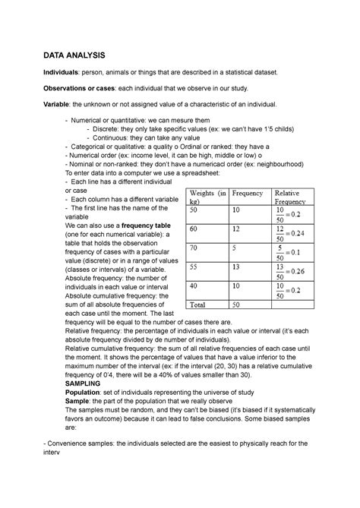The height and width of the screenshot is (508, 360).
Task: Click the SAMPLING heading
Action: pos(67,384)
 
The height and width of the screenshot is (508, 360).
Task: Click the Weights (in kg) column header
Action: pos(206,199)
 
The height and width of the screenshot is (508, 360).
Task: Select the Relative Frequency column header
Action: pos(292,199)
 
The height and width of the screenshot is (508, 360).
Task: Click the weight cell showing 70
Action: pos(196,248)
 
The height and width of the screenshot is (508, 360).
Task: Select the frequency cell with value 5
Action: pos(236,248)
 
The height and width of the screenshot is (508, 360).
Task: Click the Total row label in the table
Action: pos(200,304)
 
